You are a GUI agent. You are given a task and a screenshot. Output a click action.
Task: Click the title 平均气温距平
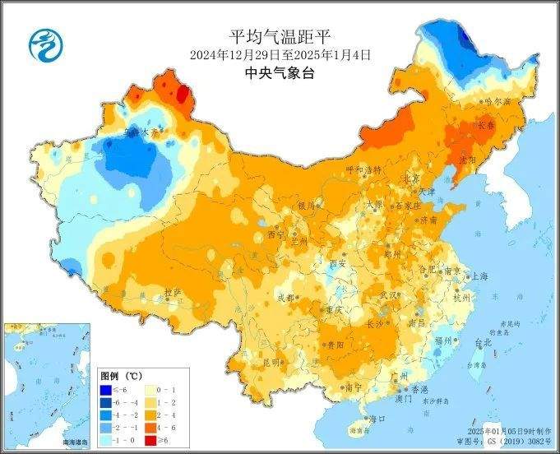(x=280, y=37)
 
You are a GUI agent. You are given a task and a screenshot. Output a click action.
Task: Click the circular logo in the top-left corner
(x=46, y=44)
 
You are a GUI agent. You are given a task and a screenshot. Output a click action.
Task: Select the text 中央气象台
(x=280, y=73)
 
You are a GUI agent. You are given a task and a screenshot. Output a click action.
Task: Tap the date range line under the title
(x=280, y=55)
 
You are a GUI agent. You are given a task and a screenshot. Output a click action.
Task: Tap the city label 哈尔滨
(x=498, y=101)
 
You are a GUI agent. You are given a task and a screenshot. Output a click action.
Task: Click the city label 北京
(x=411, y=178)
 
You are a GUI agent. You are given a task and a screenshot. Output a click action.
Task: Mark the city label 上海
(x=479, y=276)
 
